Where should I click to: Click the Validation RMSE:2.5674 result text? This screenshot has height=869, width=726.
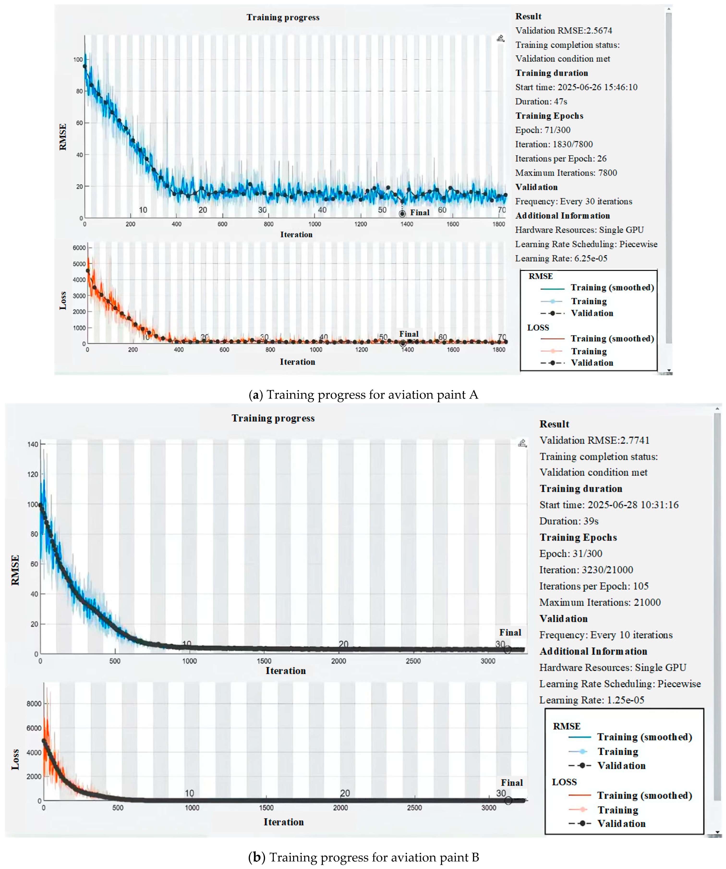click(563, 31)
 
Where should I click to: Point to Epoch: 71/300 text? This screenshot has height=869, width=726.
click(542, 130)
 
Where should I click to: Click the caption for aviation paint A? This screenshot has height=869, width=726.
click(363, 395)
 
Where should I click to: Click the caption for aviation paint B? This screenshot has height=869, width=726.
click(363, 857)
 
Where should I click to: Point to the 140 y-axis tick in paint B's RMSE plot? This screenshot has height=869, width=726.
click(33, 444)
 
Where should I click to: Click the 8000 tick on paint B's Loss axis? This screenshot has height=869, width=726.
click(34, 704)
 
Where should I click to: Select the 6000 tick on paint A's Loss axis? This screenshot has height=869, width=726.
click(79, 248)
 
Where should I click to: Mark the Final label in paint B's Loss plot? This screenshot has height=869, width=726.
click(512, 783)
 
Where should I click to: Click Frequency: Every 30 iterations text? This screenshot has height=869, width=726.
click(573, 202)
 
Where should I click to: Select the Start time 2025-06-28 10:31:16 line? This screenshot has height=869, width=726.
click(609, 505)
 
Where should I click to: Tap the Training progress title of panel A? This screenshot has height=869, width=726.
click(283, 17)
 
